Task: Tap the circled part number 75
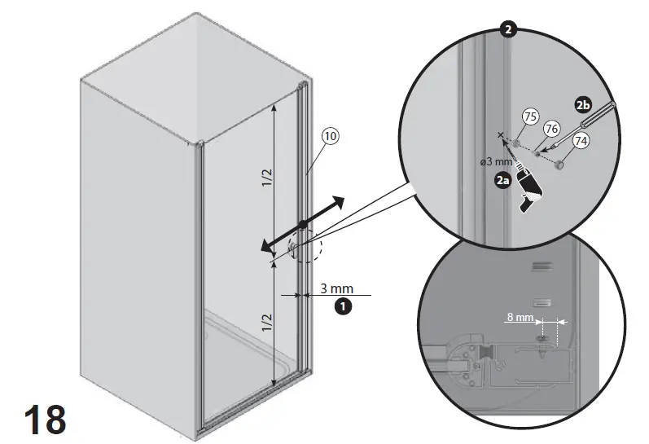[530, 117]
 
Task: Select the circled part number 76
[550, 129]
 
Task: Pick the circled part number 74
[581, 140]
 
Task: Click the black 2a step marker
[504, 182]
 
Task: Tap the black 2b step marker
[582, 106]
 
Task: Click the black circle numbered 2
[508, 30]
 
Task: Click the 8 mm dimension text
[519, 316]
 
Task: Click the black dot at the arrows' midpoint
[302, 224]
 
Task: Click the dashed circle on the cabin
[305, 245]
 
